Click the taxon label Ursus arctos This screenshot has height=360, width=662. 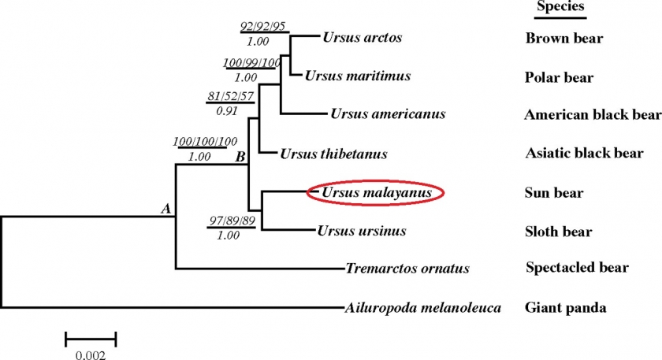[363, 37]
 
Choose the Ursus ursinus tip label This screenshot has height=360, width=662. [362, 231]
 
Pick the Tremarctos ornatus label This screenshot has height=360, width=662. [407, 269]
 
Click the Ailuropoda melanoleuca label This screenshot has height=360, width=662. [423, 307]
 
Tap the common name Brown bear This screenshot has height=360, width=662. [563, 38]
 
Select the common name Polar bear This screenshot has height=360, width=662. [559, 77]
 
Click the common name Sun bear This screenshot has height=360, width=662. [553, 192]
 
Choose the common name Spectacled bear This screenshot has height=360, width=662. [577, 268]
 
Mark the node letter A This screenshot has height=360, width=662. [165, 209]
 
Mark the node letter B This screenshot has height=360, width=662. [240, 157]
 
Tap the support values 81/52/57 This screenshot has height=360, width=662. [230, 97]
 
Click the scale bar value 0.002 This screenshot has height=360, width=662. [91, 354]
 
